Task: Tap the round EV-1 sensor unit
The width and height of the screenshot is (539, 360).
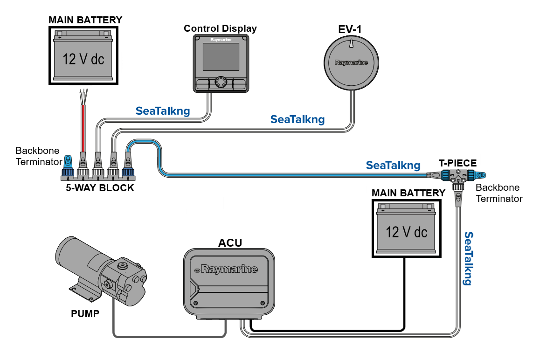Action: (351, 63)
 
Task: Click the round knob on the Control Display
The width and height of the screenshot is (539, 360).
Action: (220, 83)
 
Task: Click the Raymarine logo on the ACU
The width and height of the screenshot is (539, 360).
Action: (228, 269)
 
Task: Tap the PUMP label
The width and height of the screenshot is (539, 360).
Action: (85, 313)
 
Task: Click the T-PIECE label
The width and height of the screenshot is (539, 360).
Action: (458, 163)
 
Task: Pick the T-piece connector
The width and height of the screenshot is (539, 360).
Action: (458, 177)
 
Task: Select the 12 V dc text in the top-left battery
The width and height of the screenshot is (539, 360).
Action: (83, 59)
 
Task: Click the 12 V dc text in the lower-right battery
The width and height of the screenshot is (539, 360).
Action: (406, 231)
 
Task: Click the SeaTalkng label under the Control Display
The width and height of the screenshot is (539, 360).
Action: (163, 111)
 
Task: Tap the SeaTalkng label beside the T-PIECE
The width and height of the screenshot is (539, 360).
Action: (393, 165)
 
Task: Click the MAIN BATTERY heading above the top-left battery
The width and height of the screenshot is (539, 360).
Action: (85, 20)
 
